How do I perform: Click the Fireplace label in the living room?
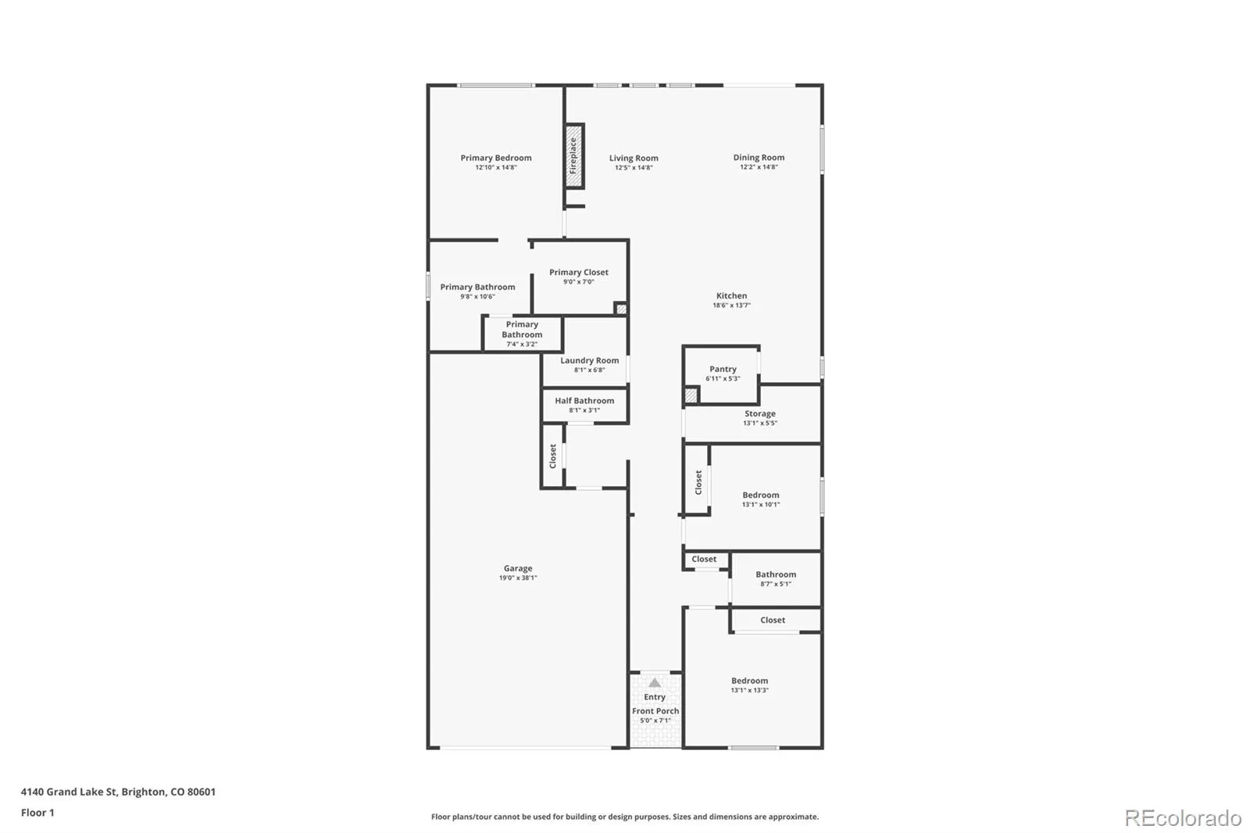pyautogui.click(x=573, y=156)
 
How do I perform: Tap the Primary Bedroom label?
pyautogui.click(x=495, y=158)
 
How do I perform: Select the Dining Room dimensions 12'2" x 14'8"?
pyautogui.click(x=759, y=167)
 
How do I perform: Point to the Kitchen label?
pyautogui.click(x=731, y=296)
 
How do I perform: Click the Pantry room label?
pyautogui.click(x=723, y=369)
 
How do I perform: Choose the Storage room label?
pyautogui.click(x=759, y=413)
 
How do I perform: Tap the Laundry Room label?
pyautogui.click(x=589, y=361)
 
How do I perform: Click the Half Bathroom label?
pyautogui.click(x=584, y=401)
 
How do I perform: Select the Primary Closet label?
pyautogui.click(x=579, y=273)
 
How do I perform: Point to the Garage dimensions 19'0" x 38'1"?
pyautogui.click(x=518, y=577)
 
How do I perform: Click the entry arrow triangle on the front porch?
pyautogui.click(x=655, y=683)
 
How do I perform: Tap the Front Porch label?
pyautogui.click(x=655, y=711)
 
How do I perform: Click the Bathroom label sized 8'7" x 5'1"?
pyautogui.click(x=776, y=574)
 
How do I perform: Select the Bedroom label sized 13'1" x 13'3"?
pyautogui.click(x=749, y=681)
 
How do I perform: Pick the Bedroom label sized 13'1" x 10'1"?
pyautogui.click(x=761, y=495)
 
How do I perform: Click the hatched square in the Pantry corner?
pyautogui.click(x=691, y=395)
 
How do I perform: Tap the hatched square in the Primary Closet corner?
pyautogui.click(x=620, y=309)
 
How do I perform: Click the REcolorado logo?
pyautogui.click(x=1183, y=818)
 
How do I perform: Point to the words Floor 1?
pyautogui.click(x=37, y=813)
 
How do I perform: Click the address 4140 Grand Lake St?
pyautogui.click(x=69, y=792)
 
